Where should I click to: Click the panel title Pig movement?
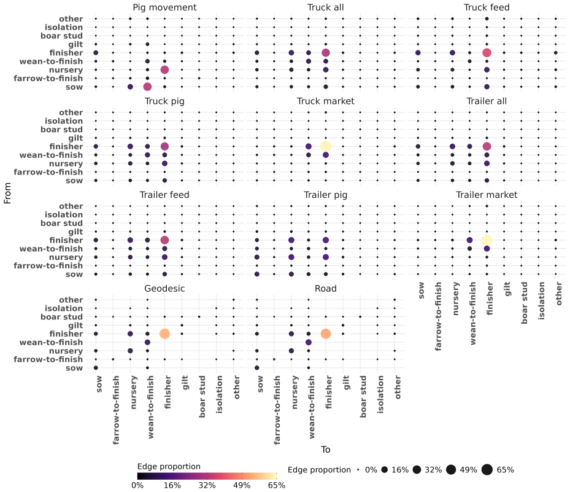pyautogui.click(x=164, y=7)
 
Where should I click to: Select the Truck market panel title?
pyautogui.click(x=325, y=101)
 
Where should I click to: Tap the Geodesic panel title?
pyautogui.click(x=164, y=289)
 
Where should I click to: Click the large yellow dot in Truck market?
pyautogui.click(x=326, y=146)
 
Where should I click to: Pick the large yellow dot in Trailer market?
pyautogui.click(x=487, y=240)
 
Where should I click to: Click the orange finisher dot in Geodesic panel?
pyautogui.click(x=164, y=334)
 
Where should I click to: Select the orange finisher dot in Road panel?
pyautogui.click(x=326, y=334)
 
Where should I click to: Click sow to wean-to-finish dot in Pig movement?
pyautogui.click(x=147, y=87)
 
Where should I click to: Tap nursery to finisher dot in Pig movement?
pyautogui.click(x=164, y=70)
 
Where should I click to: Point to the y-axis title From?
pyautogui.click(x=7, y=193)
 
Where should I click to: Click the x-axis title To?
pyautogui.click(x=325, y=450)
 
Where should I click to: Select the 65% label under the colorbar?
pyautogui.click(x=277, y=485)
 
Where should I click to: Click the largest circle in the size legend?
pyautogui.click(x=487, y=470)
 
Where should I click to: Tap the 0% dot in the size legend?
pyautogui.click(x=358, y=470)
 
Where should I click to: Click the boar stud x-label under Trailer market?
pyautogui.click(x=524, y=303)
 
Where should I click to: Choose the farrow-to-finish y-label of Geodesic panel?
pyautogui.click(x=48, y=359)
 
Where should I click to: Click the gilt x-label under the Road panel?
pyautogui.click(x=346, y=383)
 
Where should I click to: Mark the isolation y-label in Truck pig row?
pyautogui.click(x=64, y=121)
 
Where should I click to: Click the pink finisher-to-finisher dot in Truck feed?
pyautogui.click(x=487, y=53)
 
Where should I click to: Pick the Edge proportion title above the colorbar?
pyautogui.click(x=169, y=467)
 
